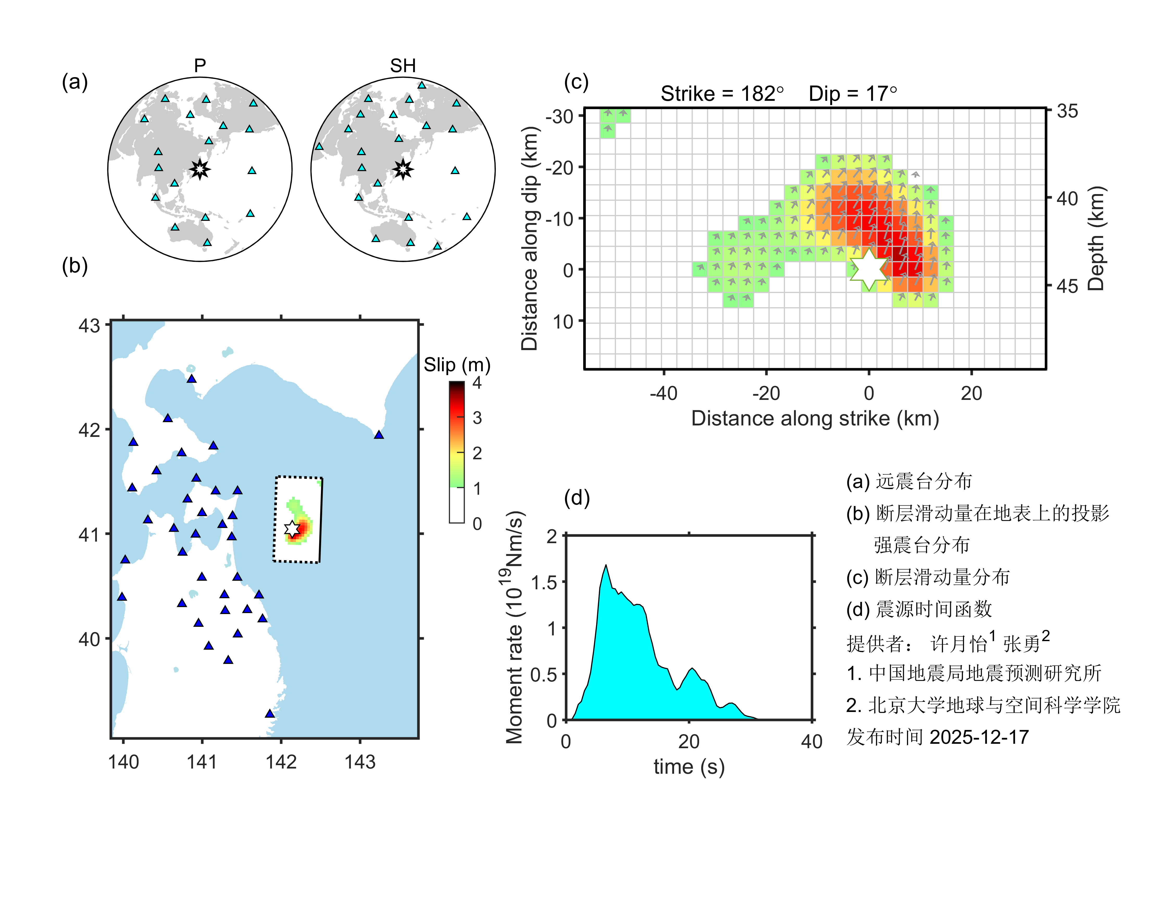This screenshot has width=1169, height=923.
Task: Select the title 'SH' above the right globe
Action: tap(403, 66)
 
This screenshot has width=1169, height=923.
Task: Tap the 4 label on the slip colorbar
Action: tap(477, 383)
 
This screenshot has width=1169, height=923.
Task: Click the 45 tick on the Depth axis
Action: tap(1067, 286)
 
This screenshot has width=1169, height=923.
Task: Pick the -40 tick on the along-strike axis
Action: tap(663, 393)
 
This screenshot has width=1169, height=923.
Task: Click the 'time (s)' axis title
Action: tap(689, 767)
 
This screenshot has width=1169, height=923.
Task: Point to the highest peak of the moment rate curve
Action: tap(606, 566)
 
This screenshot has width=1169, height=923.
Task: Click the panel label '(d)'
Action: tap(576, 498)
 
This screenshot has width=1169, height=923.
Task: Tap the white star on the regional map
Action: tap(292, 529)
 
